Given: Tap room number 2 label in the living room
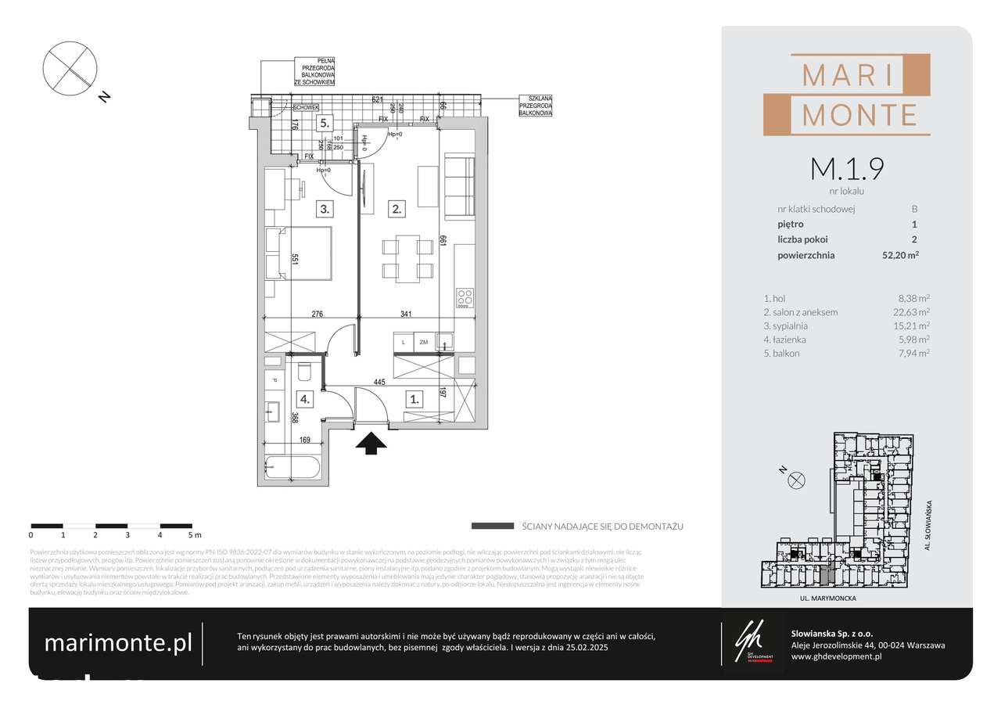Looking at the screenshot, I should coord(397,209).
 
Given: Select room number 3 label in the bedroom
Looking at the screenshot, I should coord(325,209).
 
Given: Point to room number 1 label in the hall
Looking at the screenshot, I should coord(414,398).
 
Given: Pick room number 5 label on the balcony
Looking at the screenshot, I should coord(325,124).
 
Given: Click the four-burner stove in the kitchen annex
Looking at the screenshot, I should coord(465,297).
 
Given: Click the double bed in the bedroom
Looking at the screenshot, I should coord(299,252).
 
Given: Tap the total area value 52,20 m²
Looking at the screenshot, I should coord(899,255).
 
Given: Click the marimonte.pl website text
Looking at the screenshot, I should coord(118,643).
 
